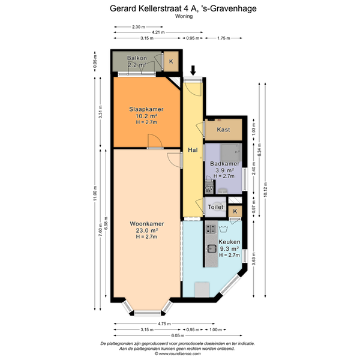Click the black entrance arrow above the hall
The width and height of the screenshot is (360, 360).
coord(193,70)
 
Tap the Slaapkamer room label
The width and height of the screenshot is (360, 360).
coord(146,109)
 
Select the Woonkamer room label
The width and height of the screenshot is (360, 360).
coord(147,224)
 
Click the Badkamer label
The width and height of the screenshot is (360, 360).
coord(225,164)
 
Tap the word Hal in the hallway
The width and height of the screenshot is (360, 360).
coord(193,150)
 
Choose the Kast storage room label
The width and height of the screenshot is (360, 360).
coord(223,130)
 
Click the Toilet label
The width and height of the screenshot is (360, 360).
coord(215,207)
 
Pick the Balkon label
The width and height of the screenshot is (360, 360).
coord(137,58)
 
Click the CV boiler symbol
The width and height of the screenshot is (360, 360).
coord(209,188)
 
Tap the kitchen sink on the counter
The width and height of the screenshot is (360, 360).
coord(211,248)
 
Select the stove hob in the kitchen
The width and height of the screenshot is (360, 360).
coord(211,229)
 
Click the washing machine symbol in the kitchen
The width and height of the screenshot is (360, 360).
coord(223,229)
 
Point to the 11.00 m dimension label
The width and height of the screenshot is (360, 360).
coord(95,193)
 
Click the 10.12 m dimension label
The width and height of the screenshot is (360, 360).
coord(265,190)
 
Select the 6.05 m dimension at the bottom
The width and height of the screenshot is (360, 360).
coord(178,335)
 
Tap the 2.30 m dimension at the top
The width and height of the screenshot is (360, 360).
coord(139,27)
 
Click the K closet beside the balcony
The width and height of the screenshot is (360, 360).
coord(171,61)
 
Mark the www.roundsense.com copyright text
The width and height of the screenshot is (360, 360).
coord(178,354)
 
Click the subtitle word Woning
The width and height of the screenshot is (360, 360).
coord(184,16)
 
